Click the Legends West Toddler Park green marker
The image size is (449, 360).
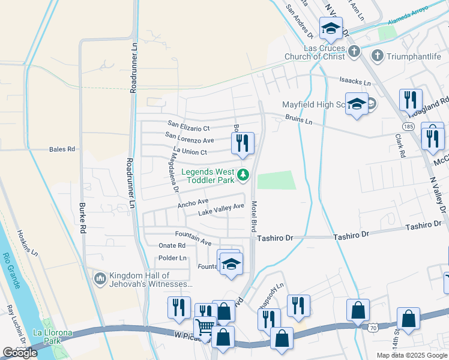pyautogui.click(x=243, y=175)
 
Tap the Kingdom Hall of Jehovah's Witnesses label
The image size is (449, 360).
pyautogui.click(x=150, y=280)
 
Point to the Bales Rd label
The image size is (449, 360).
pyautogui.click(x=62, y=149)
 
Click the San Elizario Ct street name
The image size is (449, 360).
pyautogui.click(x=188, y=128)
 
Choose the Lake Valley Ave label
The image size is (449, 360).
pyautogui.click(x=221, y=206)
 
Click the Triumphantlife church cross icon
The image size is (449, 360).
pyautogui.click(x=378, y=56)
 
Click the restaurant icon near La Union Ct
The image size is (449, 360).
pyautogui.click(x=243, y=143)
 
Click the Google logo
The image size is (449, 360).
pyautogui.click(x=20, y=353)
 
